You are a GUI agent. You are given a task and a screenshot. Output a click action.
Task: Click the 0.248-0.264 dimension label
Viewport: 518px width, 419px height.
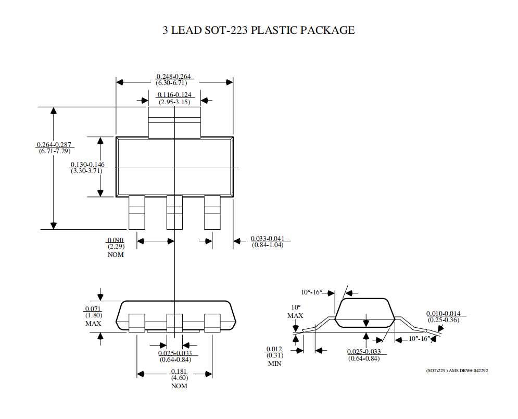click(x=173, y=77)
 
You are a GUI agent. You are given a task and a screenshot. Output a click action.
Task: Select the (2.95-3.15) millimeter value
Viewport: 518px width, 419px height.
click(x=174, y=102)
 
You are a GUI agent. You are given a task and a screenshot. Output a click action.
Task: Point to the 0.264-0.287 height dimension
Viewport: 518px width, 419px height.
click(x=54, y=144)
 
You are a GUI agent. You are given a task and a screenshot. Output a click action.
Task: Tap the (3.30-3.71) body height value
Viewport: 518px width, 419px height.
click(x=86, y=171)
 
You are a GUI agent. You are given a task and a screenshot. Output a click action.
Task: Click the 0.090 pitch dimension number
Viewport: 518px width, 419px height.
click(x=115, y=240)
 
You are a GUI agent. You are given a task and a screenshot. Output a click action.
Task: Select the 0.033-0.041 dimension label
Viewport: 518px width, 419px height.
click(x=267, y=239)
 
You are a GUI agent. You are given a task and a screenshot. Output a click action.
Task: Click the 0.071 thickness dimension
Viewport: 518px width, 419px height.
click(x=93, y=309)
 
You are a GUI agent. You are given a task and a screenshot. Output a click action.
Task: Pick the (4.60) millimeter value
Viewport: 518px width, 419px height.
click(x=180, y=378)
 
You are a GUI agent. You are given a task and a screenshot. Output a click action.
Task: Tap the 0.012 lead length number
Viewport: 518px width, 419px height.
click(x=274, y=349)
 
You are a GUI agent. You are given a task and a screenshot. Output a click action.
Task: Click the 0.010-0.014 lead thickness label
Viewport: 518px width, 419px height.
click(x=444, y=314)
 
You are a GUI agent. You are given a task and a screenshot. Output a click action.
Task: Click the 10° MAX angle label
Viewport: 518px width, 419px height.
click(x=295, y=312)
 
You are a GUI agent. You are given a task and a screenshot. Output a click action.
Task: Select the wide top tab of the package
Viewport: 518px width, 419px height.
click(x=174, y=122)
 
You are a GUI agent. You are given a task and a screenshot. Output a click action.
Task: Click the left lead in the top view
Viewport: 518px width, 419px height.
click(x=137, y=212)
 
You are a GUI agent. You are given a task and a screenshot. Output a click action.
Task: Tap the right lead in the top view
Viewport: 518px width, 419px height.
click(x=212, y=212)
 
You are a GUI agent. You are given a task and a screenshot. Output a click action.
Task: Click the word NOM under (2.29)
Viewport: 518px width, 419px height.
click(x=116, y=255)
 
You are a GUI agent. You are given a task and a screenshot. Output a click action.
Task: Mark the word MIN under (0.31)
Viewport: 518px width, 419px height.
click(x=274, y=363)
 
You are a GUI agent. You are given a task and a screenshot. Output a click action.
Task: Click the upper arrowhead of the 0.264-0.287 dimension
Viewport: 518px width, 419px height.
click(x=54, y=110)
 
